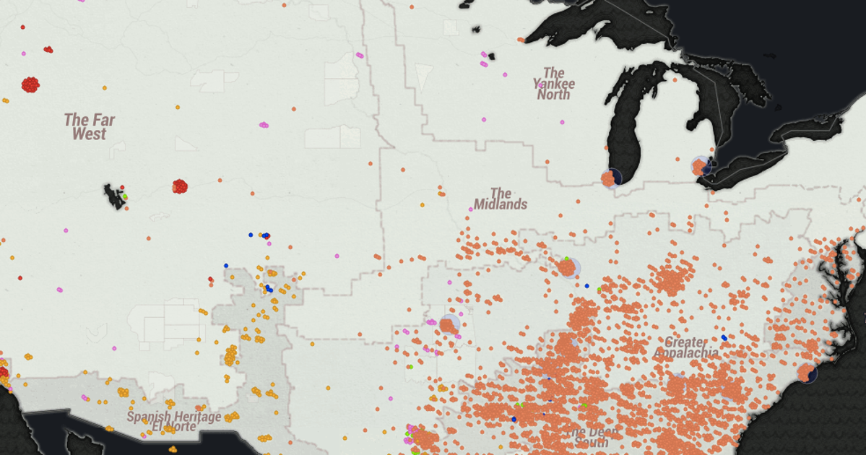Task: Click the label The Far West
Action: (89, 127)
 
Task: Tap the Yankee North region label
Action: (554, 84)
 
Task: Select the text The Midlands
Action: (501, 199)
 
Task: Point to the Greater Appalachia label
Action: (686, 347)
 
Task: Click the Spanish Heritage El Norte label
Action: (174, 421)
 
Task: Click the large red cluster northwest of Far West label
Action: (30, 84)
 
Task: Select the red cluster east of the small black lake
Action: (180, 186)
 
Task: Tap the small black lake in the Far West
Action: (113, 196)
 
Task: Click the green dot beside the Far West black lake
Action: (125, 196)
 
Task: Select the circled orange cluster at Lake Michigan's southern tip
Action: (610, 178)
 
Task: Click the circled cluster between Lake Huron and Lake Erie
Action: (700, 167)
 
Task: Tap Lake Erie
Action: (751, 166)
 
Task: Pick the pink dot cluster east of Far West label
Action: (264, 125)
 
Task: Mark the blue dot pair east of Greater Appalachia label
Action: (724, 337)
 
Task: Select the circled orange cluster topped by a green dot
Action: (568, 267)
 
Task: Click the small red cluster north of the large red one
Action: (48, 50)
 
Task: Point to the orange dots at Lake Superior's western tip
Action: (520, 40)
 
